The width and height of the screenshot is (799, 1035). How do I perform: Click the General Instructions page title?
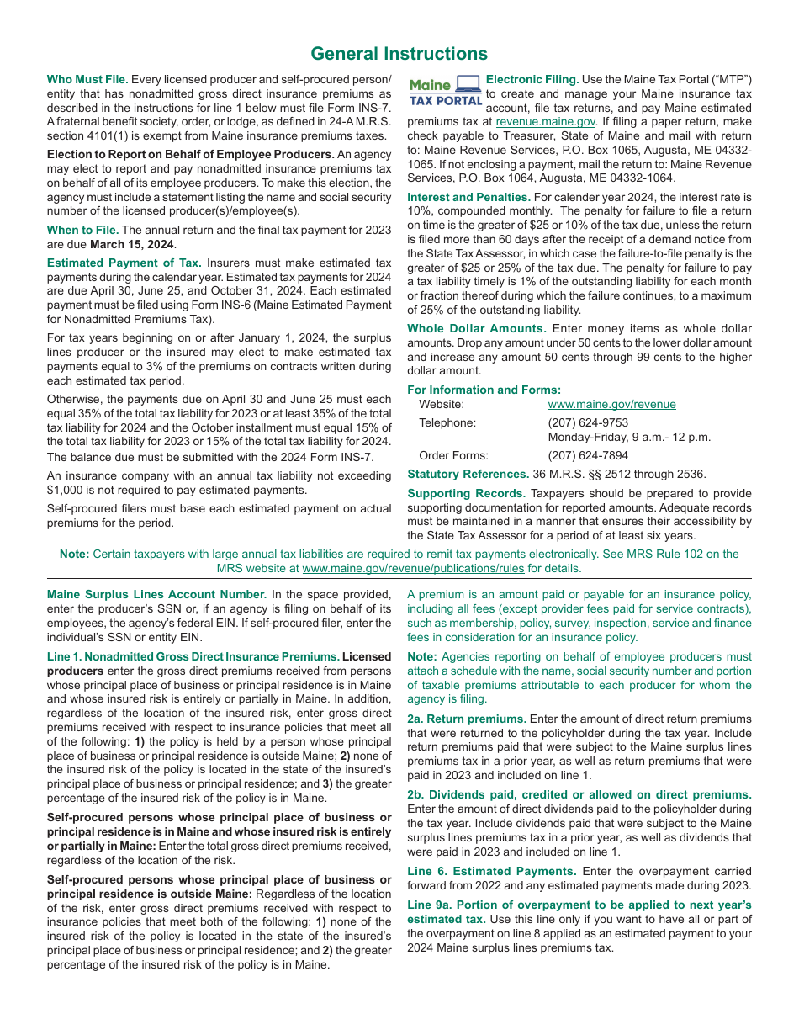tap(399, 54)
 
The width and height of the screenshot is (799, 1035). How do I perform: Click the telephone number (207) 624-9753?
tap(588, 422)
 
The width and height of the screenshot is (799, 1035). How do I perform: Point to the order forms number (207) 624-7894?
tap(588, 455)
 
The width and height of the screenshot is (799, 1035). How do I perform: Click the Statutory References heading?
tap(468, 474)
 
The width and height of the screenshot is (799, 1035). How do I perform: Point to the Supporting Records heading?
tap(466, 493)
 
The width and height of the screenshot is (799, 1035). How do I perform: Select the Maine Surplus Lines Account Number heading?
tap(156, 594)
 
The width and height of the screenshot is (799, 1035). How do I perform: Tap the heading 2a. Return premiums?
tap(466, 719)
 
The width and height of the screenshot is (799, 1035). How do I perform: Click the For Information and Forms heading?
tap(484, 390)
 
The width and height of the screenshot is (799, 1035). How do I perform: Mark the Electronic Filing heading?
tap(532, 80)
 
